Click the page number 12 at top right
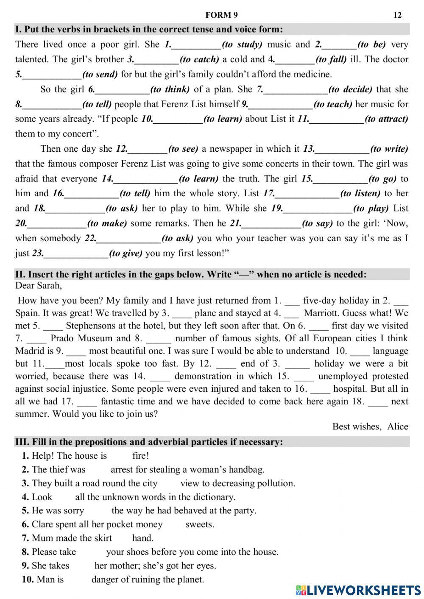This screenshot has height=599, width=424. click(397, 15)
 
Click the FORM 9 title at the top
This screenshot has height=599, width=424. click(221, 15)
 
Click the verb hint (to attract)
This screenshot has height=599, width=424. click(386, 119)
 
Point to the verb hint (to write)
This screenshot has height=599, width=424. click(389, 149)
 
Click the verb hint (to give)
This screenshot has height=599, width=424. click(126, 254)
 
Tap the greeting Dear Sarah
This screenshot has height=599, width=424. click(38, 285)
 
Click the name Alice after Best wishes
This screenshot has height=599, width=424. click(397, 426)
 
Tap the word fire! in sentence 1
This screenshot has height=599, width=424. click(140, 456)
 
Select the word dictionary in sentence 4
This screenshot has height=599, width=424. click(213, 497)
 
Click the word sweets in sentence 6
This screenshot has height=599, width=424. click(200, 524)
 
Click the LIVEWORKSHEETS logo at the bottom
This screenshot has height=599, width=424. click(358, 590)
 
